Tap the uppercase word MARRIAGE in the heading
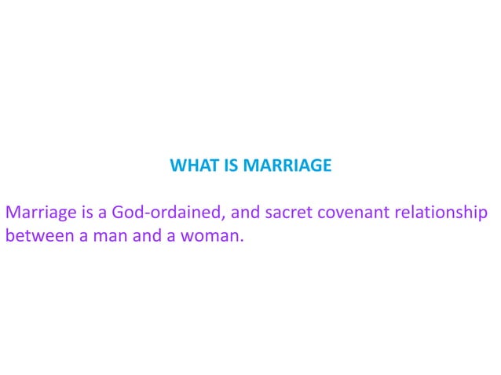pos(288,166)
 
